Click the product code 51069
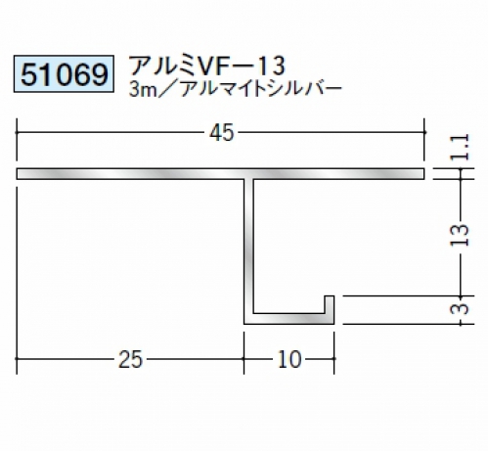coord(64,74)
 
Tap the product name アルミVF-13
coord(207,66)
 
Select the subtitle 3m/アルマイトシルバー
coord(236,89)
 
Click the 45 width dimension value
coord(222,133)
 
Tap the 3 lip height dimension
coord(461,309)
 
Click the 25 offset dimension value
coord(130,359)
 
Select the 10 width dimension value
coord(289,359)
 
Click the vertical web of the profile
coord(248,248)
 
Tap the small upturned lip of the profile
coord(330,305)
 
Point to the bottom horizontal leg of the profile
coord(289,319)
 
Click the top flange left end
coord(18,174)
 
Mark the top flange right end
coord(423,174)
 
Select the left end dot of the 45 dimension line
coord(17,132)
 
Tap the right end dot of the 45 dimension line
coord(424,132)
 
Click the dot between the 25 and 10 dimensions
coord(244,359)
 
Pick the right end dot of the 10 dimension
coord(334,359)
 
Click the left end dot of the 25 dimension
coord(17,359)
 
